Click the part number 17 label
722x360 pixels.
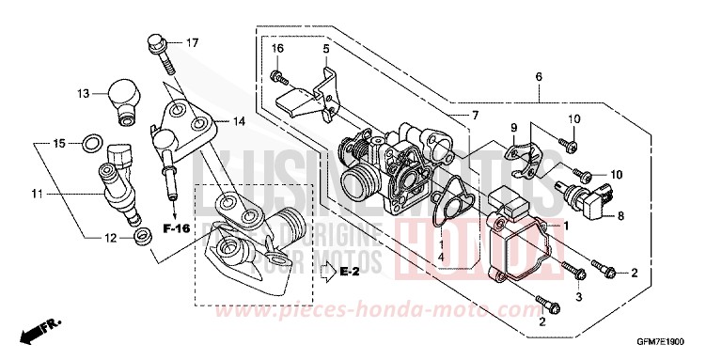pyautogui.click(x=192, y=43)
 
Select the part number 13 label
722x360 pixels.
pyautogui.click(x=84, y=93)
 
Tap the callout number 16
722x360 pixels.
pyautogui.click(x=277, y=48)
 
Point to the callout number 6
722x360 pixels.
pyautogui.click(x=539, y=76)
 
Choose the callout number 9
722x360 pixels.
pyautogui.click(x=514, y=128)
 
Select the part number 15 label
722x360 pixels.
pyautogui.click(x=59, y=144)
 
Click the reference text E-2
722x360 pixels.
pyautogui.click(x=351, y=274)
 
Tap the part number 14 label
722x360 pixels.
pyautogui.click(x=239, y=121)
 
